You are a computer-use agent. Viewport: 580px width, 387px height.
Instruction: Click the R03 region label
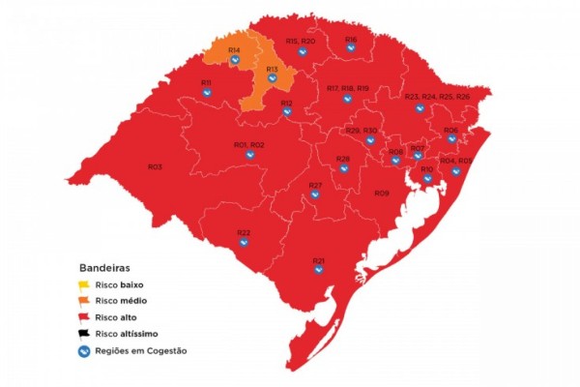pyautogui.click(x=155, y=167)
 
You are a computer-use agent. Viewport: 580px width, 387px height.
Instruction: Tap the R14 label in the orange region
pyautogui.click(x=234, y=49)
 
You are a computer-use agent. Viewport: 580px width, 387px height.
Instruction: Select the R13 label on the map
pyautogui.click(x=272, y=70)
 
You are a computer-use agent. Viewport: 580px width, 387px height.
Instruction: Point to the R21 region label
pyautogui.click(x=319, y=261)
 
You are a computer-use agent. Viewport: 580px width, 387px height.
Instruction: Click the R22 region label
pyautogui.click(x=244, y=233)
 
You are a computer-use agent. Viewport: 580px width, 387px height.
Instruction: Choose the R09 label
pyautogui.click(x=382, y=193)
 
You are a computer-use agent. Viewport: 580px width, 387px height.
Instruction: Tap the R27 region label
pyautogui.click(x=315, y=185)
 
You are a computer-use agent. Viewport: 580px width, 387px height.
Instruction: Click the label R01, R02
pyautogui.click(x=249, y=145)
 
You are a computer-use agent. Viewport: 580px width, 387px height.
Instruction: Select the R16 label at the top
pyautogui.click(x=351, y=40)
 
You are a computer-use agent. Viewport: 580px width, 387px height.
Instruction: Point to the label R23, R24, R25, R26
pyautogui.click(x=437, y=98)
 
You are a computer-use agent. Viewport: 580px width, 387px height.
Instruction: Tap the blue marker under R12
pyautogui.click(x=287, y=113)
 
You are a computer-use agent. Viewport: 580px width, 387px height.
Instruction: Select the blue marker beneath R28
pyautogui.click(x=343, y=169)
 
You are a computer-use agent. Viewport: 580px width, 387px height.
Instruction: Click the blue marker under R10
pyautogui.click(x=427, y=179)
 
